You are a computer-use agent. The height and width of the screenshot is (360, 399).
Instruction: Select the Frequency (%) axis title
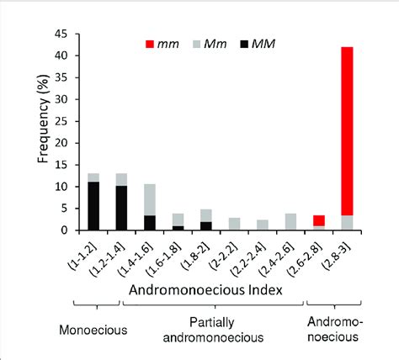click(45, 132)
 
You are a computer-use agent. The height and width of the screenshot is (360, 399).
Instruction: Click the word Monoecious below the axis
click(93, 330)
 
